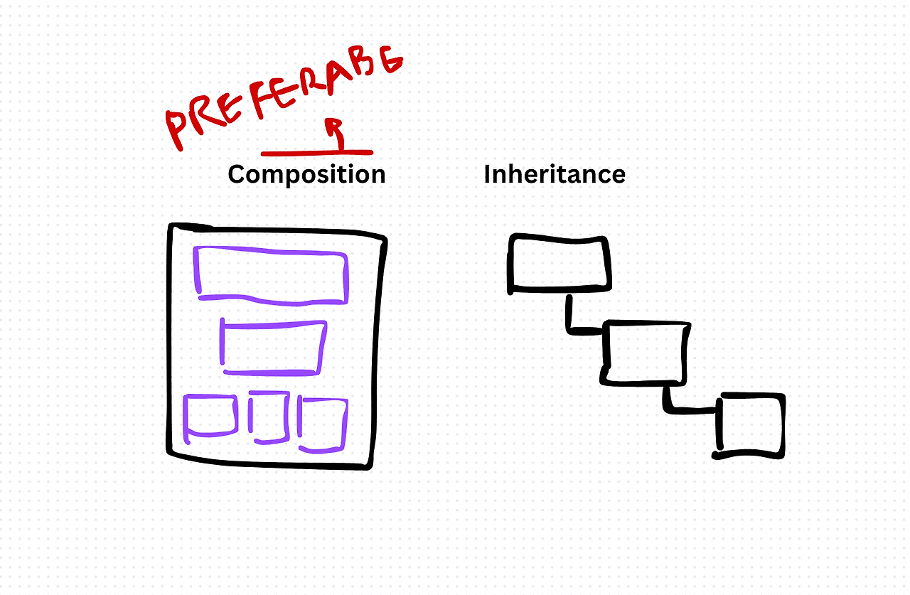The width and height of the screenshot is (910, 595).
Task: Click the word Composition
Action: (x=306, y=174)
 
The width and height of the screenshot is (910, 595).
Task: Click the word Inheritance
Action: (x=555, y=174)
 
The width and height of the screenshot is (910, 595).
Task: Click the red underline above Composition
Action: (x=316, y=152)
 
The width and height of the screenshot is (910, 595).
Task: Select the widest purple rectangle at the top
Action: (x=271, y=273)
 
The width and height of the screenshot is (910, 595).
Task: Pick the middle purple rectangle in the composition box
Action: (x=273, y=348)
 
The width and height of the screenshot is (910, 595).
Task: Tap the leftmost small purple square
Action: (x=210, y=416)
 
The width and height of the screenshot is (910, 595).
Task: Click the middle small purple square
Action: (x=269, y=418)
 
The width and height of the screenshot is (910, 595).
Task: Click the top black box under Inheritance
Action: (x=560, y=264)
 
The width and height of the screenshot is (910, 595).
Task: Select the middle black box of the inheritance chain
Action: (x=646, y=353)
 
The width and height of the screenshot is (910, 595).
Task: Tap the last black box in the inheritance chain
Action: (x=750, y=424)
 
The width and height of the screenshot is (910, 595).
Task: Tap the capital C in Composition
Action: (x=237, y=174)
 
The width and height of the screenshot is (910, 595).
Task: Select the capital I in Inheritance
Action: (x=488, y=174)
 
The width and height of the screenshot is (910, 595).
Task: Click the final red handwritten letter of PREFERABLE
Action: (x=389, y=60)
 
